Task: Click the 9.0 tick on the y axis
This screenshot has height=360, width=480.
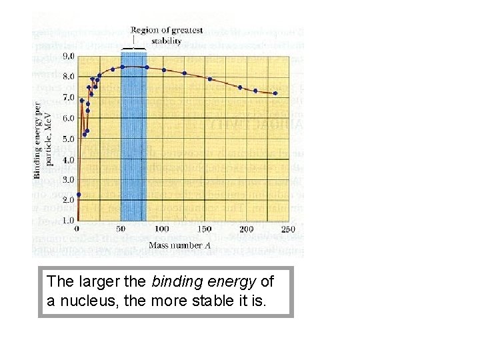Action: coord(69,57)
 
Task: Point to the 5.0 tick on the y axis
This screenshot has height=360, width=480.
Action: coord(69,139)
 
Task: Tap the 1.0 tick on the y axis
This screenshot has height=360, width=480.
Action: coord(69,220)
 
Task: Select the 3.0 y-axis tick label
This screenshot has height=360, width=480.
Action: coord(69,179)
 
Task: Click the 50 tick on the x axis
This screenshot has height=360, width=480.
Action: coord(121,230)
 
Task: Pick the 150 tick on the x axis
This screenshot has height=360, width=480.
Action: coord(205,230)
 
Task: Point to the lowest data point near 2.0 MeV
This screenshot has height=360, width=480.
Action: coord(79,195)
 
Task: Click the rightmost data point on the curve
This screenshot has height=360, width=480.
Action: coord(275,93)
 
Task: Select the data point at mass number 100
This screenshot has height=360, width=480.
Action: coord(164,69)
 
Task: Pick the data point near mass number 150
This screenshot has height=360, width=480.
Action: coord(209,79)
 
